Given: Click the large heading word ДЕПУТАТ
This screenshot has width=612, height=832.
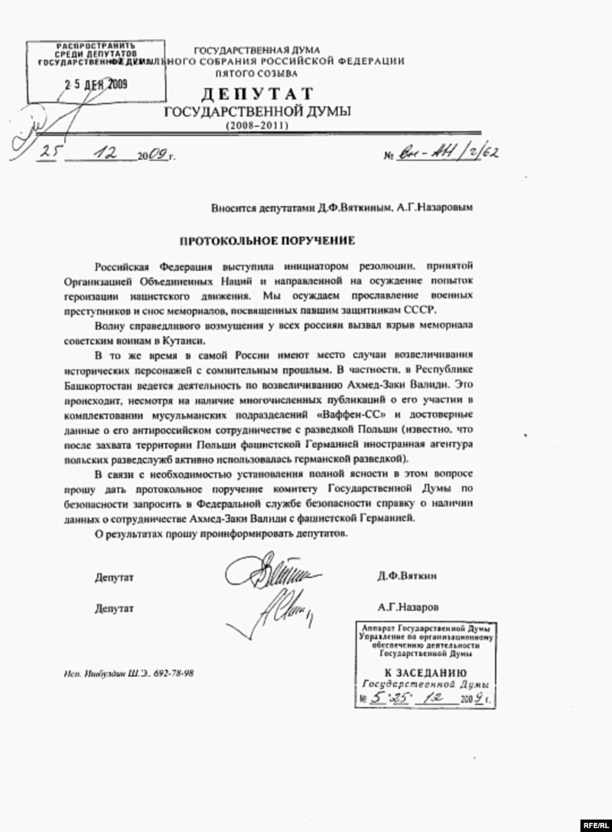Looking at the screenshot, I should pyautogui.click(x=257, y=94).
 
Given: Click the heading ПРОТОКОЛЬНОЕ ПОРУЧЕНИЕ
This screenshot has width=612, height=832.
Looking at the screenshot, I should pyautogui.click(x=267, y=240).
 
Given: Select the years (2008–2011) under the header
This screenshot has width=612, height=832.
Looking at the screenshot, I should pyautogui.click(x=257, y=125).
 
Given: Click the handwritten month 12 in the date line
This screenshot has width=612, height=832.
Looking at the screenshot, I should pyautogui.click(x=102, y=152).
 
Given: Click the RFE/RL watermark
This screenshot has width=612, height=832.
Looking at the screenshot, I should pyautogui.click(x=594, y=824).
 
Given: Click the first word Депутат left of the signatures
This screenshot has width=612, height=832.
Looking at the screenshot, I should pyautogui.click(x=115, y=576).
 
